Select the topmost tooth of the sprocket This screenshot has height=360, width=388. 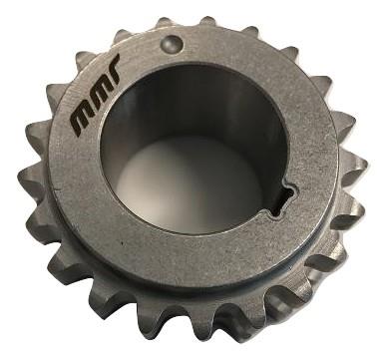(x=207, y=21)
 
